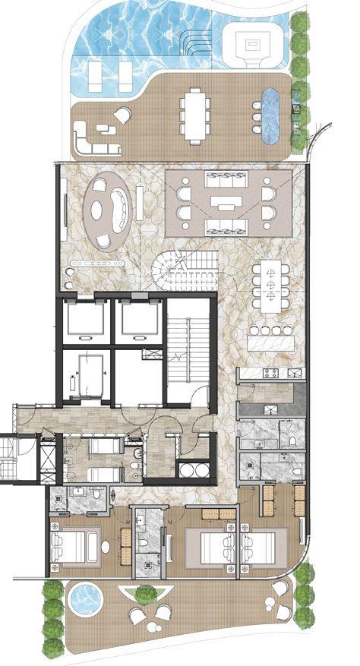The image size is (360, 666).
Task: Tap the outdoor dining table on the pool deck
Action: (x=195, y=115)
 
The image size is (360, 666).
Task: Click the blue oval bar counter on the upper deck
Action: (x=270, y=116)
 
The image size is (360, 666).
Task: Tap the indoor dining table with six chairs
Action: (x=270, y=286)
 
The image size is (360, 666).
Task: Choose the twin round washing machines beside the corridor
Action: (x=194, y=470)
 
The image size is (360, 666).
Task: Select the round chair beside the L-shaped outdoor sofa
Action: (x=122, y=115)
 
